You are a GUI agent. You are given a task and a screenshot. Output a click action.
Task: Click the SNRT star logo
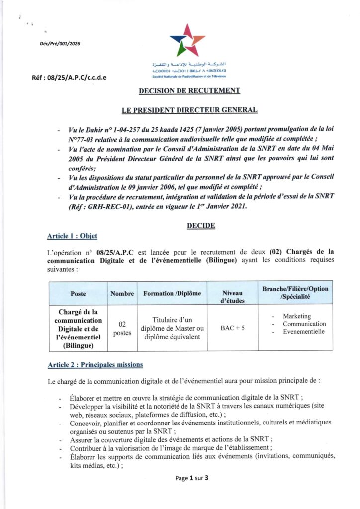click(x=187, y=40)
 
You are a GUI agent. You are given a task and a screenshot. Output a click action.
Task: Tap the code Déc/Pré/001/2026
click(x=60, y=44)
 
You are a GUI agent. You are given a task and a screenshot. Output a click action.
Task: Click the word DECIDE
click(x=201, y=226)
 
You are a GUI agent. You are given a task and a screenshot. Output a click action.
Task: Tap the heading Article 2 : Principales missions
click(x=95, y=365)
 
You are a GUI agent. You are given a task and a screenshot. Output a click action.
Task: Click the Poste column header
click(x=78, y=294)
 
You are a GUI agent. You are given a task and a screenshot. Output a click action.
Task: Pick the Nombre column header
click(x=122, y=294)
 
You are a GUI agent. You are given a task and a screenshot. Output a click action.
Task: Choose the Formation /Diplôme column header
click(x=172, y=294)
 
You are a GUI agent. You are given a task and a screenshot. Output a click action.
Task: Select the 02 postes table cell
click(x=122, y=328)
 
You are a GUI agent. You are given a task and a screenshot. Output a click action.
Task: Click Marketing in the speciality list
click(x=297, y=316)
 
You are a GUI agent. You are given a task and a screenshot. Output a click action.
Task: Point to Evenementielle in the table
click(x=304, y=331)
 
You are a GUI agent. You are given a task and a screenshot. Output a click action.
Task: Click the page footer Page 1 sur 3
click(x=191, y=478)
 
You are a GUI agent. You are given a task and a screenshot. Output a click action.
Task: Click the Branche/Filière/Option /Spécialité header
click(x=295, y=293)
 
